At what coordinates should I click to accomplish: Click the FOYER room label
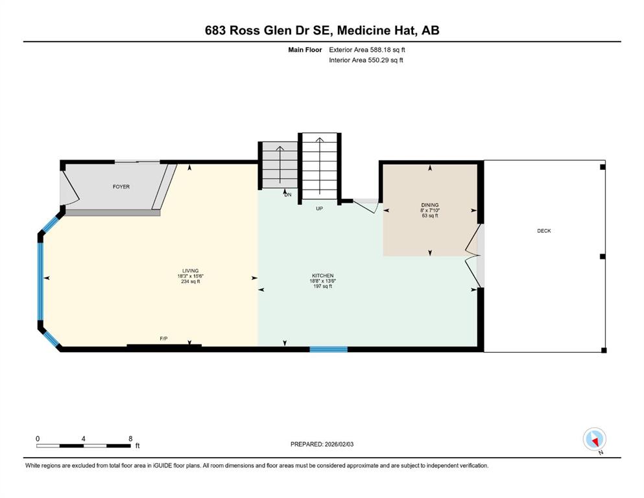(x=121, y=187)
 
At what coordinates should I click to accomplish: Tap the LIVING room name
(x=191, y=271)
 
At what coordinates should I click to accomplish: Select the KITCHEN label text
(x=323, y=276)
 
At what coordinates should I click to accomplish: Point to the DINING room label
(x=430, y=205)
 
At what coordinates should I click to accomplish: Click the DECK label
(x=544, y=231)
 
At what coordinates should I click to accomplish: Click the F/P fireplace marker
(x=163, y=338)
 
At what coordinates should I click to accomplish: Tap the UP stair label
(x=320, y=209)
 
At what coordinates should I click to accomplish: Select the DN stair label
(x=288, y=195)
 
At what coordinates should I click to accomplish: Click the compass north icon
(x=595, y=440)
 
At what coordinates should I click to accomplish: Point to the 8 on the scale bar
(x=130, y=438)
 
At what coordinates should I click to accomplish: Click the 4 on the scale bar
(x=84, y=438)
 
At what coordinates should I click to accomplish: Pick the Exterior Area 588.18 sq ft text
(x=367, y=50)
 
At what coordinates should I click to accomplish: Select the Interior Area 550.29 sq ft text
(x=366, y=60)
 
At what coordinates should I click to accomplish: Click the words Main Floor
(x=305, y=50)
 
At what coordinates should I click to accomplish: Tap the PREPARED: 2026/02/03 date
(x=322, y=444)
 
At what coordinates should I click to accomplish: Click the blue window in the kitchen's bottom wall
(x=329, y=350)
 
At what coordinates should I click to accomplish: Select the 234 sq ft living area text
(x=191, y=281)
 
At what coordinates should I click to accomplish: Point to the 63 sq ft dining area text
(x=430, y=215)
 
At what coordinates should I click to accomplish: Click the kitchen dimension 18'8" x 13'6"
(x=323, y=281)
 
